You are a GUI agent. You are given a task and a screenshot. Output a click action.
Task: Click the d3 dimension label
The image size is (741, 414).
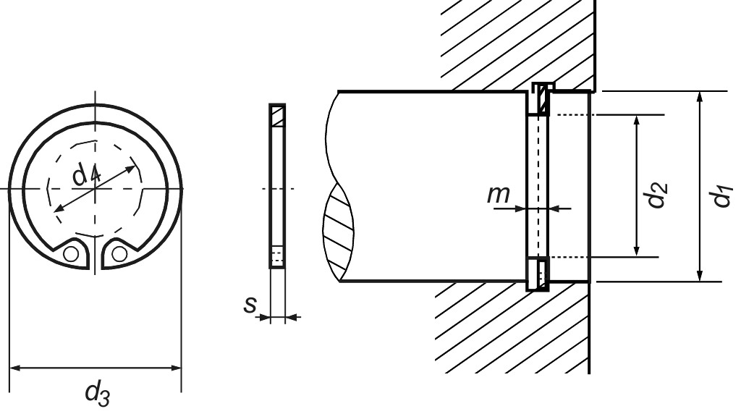point(97,394)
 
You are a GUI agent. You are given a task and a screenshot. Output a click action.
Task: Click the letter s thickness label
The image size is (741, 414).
point(250,305)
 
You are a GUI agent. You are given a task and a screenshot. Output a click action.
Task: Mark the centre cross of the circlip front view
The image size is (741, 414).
point(94,188)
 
